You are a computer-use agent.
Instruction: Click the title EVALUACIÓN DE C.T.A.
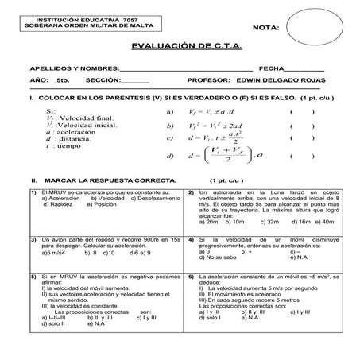coord(180,48)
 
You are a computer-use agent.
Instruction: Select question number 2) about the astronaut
coord(192,192)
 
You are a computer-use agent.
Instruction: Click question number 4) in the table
coord(192,238)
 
